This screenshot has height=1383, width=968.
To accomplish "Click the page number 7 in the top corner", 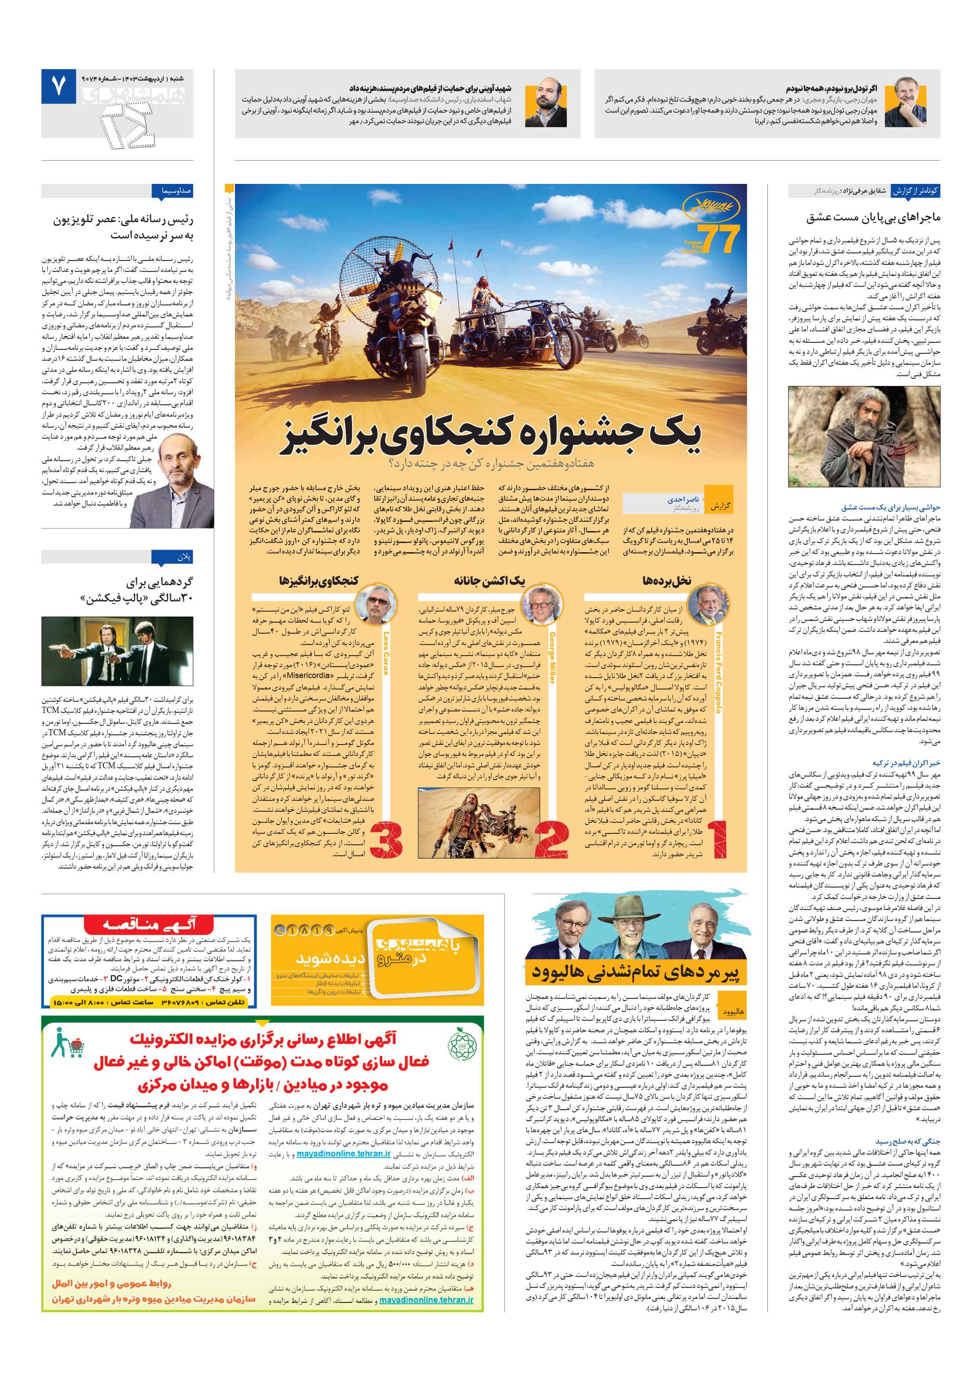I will [59, 87].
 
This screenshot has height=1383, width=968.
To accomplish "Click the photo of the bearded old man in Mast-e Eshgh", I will [864, 437].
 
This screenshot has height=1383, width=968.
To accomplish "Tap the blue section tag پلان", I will [184, 557].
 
